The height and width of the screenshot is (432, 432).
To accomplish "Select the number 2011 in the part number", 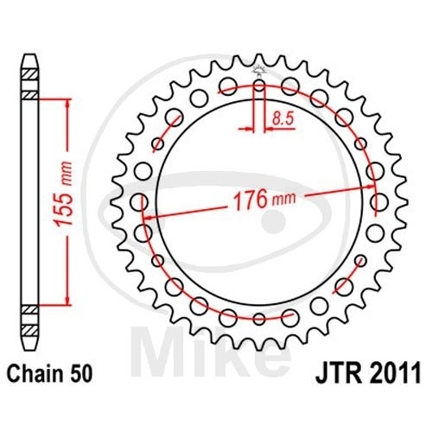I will [391, 375].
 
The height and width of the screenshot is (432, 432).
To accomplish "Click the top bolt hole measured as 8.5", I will [259, 85].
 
